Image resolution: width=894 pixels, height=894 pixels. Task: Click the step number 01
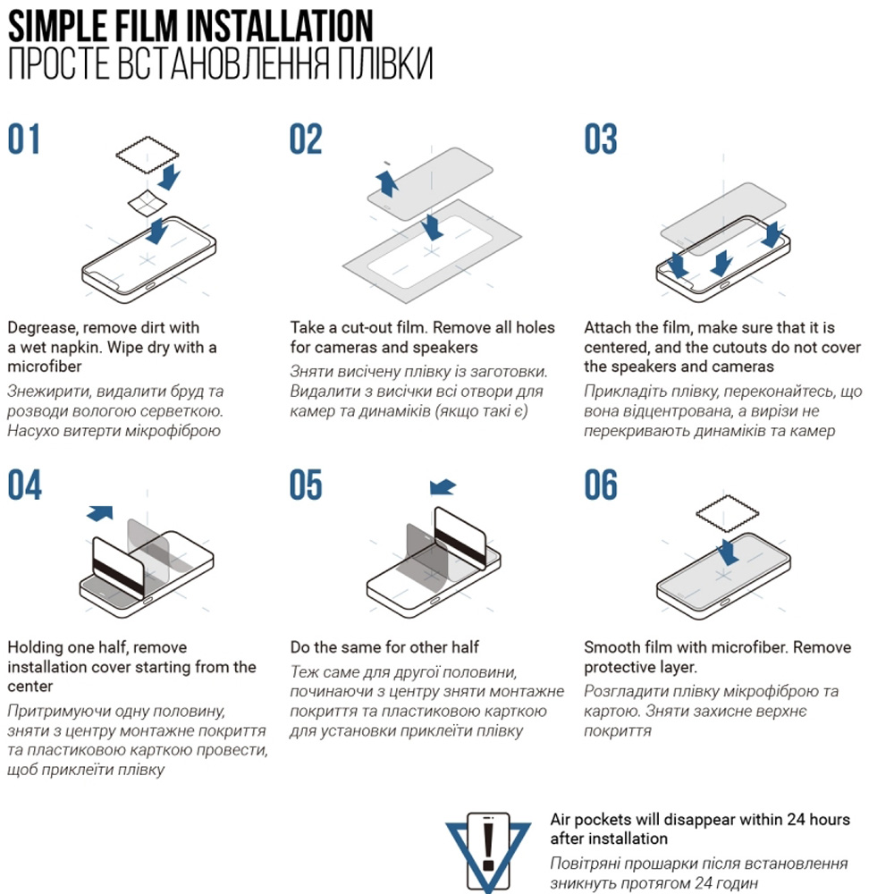(x=24, y=139)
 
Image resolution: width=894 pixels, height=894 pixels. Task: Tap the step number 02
(x=306, y=139)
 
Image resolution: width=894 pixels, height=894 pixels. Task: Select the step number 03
(x=601, y=139)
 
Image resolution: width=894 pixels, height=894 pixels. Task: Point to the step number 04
(x=24, y=485)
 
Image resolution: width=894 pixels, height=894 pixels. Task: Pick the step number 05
(x=306, y=485)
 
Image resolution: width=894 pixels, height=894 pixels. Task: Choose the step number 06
(x=601, y=485)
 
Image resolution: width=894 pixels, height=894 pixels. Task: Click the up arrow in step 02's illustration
(x=387, y=183)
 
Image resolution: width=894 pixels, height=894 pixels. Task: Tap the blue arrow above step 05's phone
(x=443, y=487)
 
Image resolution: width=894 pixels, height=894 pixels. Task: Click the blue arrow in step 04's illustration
(x=100, y=512)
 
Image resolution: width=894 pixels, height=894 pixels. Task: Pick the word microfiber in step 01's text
(x=45, y=366)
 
